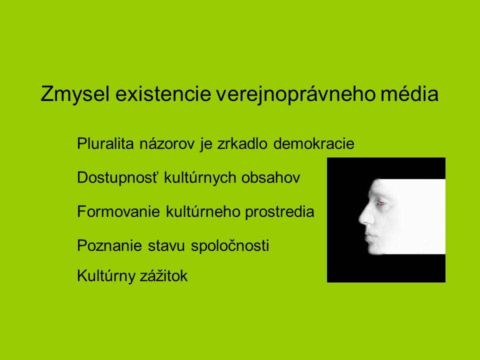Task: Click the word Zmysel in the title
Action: (75, 94)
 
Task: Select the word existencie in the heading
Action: (163, 94)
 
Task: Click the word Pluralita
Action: (105, 143)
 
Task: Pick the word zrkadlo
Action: (242, 143)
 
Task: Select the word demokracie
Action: (314, 143)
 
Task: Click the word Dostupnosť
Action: (118, 177)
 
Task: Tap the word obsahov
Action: (270, 177)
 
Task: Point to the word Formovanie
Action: (118, 211)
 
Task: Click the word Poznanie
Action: (109, 245)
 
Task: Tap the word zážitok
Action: (163, 275)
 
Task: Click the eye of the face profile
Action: (381, 203)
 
